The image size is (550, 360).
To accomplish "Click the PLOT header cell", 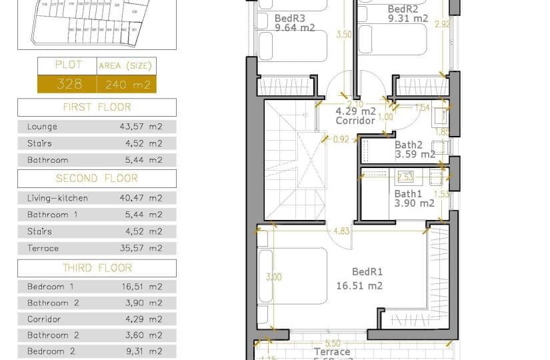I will (x=67, y=65).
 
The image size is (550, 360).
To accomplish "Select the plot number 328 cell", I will (x=67, y=84).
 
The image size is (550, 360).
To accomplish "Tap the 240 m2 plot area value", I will (x=125, y=84).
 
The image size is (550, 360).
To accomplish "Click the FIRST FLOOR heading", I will (x=97, y=107).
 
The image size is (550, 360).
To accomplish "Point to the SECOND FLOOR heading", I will (x=97, y=179).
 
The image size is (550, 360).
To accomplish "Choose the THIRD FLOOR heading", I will (x=97, y=268).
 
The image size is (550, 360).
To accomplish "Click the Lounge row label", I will (x=42, y=127).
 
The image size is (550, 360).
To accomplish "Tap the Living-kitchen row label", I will (x=57, y=198).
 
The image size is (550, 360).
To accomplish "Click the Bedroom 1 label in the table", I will (x=50, y=287).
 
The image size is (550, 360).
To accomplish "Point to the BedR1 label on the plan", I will (x=367, y=272).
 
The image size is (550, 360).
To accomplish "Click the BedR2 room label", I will (x=402, y=9).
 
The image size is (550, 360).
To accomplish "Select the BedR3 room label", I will (x=289, y=18).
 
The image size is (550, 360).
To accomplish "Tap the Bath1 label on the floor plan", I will (x=408, y=193).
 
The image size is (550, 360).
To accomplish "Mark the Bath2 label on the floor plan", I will (x=408, y=144).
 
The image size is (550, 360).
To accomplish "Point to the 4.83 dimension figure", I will (x=341, y=231).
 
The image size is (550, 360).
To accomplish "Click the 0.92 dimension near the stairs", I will (x=341, y=139).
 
